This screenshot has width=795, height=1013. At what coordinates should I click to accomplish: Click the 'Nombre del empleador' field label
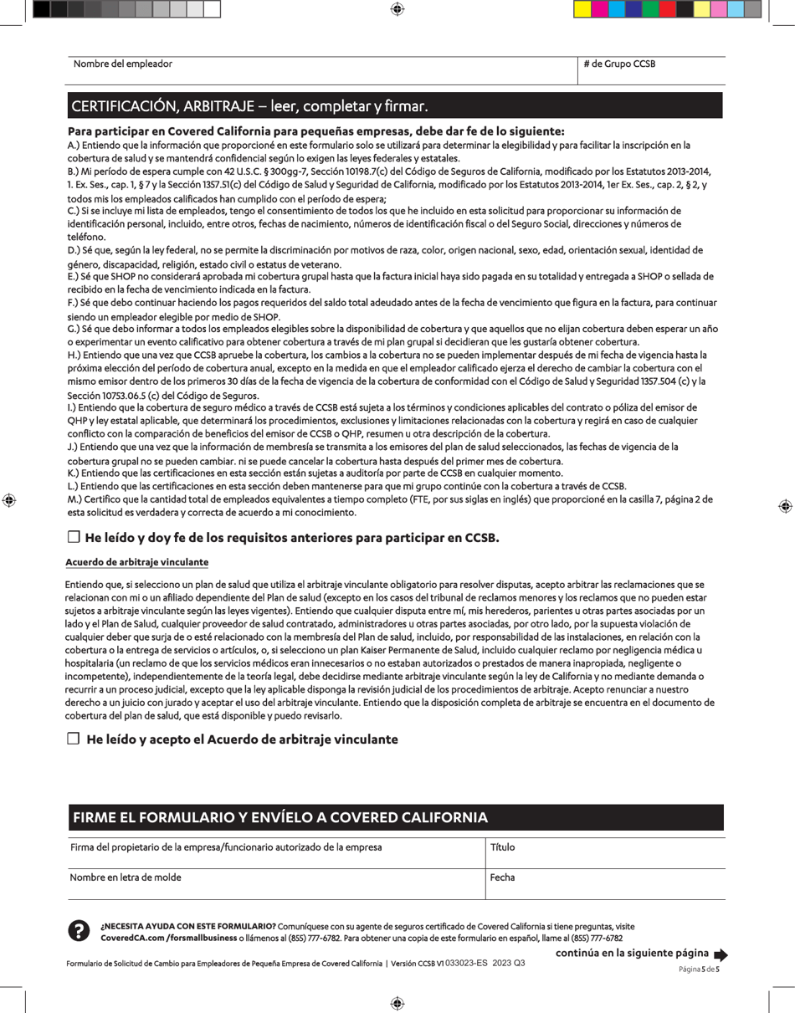(x=123, y=64)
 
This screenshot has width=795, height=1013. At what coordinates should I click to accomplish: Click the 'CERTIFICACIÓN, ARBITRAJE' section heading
(x=249, y=107)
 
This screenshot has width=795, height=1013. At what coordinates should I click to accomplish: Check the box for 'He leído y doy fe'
(x=73, y=536)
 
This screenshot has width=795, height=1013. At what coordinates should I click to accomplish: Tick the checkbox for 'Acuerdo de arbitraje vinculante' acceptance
(x=73, y=739)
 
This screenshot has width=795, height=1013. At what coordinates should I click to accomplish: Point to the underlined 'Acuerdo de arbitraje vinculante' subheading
(x=136, y=562)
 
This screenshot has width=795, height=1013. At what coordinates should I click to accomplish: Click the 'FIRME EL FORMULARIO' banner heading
(x=280, y=817)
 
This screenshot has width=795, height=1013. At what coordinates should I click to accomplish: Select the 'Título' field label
(x=503, y=847)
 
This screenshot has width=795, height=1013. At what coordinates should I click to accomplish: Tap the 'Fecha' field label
(x=503, y=877)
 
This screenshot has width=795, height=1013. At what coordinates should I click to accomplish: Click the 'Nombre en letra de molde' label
(x=126, y=877)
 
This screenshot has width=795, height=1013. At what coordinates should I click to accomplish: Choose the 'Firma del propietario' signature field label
(x=226, y=847)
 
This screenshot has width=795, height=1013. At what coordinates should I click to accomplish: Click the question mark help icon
(x=78, y=930)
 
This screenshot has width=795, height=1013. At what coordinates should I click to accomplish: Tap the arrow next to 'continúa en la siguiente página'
(x=721, y=954)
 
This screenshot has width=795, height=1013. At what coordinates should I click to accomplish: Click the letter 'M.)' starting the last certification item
(x=74, y=499)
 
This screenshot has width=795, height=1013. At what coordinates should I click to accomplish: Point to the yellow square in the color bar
(x=701, y=9)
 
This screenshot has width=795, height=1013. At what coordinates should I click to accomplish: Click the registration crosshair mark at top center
(x=397, y=9)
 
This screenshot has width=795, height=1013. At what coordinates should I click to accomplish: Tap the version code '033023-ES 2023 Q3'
(x=485, y=964)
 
